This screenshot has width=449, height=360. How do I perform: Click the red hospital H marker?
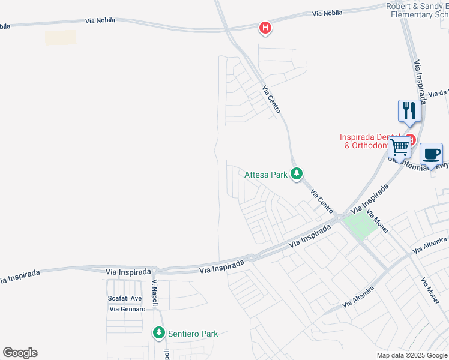(265, 28)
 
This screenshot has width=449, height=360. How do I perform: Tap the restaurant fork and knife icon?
(409, 110)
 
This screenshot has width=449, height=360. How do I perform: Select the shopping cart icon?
(399, 147)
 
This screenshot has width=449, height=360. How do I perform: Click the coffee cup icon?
(431, 154)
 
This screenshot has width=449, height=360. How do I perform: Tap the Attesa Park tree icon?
(296, 174)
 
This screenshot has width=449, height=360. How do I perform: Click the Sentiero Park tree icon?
(158, 332)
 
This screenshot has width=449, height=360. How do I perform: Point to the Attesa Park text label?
(266, 175)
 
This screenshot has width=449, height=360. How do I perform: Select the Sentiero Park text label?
(193, 334)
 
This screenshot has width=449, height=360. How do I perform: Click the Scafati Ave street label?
(124, 298)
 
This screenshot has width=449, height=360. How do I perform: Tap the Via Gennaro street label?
(127, 309)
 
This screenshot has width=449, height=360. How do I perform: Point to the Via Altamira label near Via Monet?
(429, 244)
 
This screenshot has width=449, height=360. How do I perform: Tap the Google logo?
(20, 353)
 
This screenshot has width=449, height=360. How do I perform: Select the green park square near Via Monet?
(360, 227)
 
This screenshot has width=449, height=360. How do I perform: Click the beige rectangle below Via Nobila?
(61, 37)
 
